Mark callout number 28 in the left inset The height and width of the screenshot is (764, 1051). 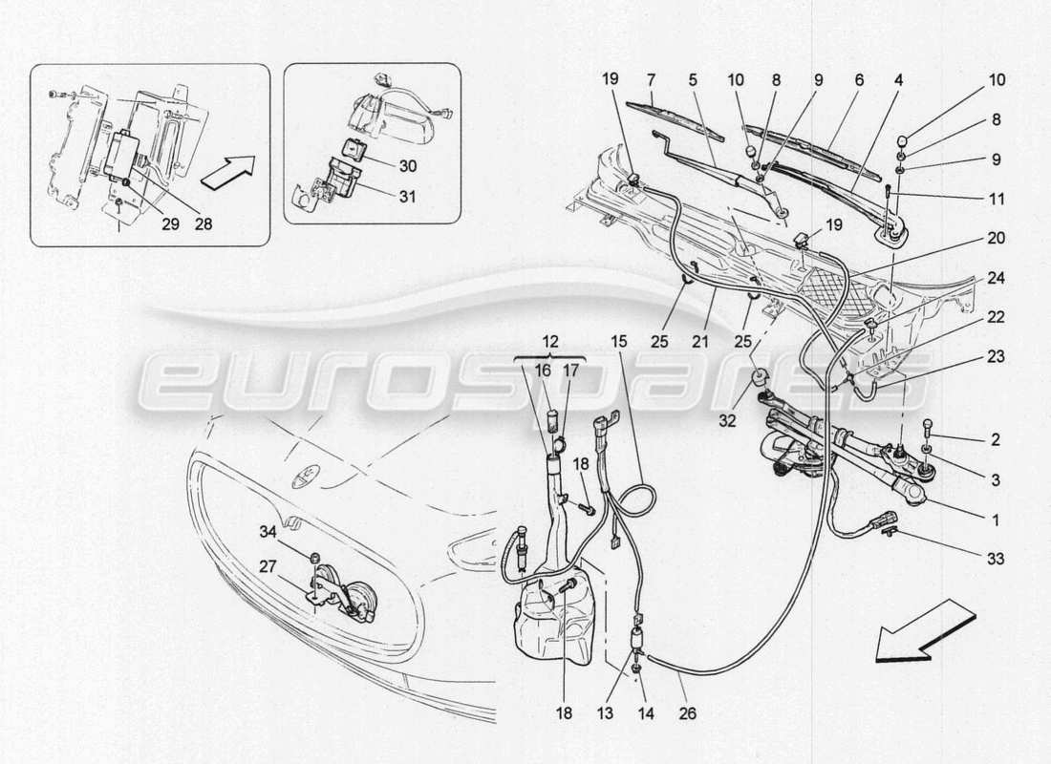pos(203,224)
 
